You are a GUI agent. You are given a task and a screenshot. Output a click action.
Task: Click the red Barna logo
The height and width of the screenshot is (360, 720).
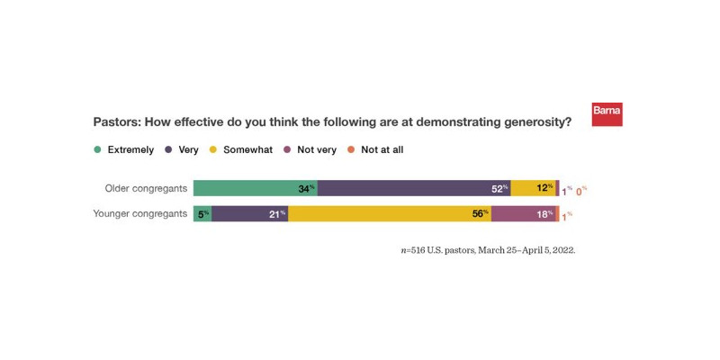(x=607, y=114)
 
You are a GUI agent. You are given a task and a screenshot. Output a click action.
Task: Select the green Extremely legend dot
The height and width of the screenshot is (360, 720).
(x=97, y=149)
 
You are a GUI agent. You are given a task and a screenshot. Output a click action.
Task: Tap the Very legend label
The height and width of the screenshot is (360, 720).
(x=188, y=149)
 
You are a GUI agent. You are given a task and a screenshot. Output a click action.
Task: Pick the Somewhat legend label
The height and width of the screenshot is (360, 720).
(x=247, y=149)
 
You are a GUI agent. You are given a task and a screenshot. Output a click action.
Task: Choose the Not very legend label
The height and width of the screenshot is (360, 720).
(x=316, y=149)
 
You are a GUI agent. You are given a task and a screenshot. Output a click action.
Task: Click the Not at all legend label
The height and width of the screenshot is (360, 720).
(x=382, y=149)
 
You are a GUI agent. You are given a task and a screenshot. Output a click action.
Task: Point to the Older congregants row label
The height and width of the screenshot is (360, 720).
(x=146, y=188)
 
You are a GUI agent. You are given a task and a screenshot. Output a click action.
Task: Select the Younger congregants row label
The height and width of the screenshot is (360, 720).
(x=140, y=213)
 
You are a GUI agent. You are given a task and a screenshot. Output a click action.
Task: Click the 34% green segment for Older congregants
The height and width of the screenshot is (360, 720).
(x=255, y=188)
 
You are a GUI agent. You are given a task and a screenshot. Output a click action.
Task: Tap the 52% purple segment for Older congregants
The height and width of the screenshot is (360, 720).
(x=414, y=188)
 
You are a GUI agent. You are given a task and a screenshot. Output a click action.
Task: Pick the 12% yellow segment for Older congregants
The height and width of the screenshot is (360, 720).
(x=533, y=188)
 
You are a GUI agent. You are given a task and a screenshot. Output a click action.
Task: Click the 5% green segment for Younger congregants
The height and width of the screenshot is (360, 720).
(x=202, y=213)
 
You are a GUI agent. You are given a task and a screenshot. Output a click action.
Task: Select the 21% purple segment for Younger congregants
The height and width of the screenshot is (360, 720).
(x=249, y=213)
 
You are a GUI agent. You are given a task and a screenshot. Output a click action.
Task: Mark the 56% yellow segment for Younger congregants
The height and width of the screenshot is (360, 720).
(x=389, y=213)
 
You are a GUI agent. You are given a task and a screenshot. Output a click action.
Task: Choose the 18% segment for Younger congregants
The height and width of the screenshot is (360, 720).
(x=524, y=213)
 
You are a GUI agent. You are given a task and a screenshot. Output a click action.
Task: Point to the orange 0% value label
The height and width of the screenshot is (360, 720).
(x=580, y=191)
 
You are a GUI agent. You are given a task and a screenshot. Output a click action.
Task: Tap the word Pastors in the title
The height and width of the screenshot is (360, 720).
(x=114, y=121)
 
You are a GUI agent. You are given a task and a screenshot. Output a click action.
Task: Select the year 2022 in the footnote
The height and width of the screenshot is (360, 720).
(x=562, y=250)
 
